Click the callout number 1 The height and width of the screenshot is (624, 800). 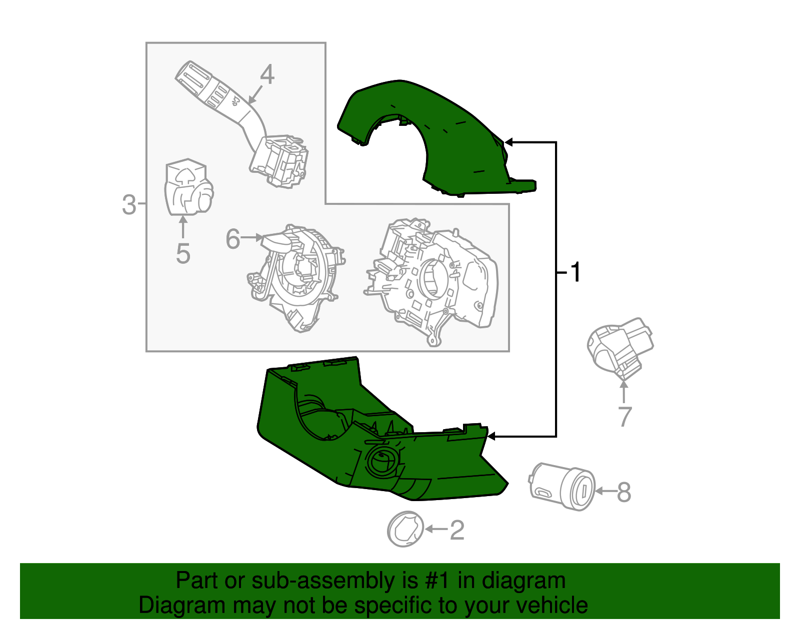tap(575, 272)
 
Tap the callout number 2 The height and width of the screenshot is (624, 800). tap(457, 530)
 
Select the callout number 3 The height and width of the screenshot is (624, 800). tap(129, 205)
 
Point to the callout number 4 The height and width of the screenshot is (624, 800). tap(267, 75)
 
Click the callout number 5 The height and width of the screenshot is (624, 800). tap(183, 253)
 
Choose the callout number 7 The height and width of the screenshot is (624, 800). tap(624, 417)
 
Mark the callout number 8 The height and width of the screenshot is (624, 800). tap(623, 492)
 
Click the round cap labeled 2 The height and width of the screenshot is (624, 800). tap(405, 529)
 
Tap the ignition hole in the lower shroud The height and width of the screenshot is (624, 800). tap(382, 461)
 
